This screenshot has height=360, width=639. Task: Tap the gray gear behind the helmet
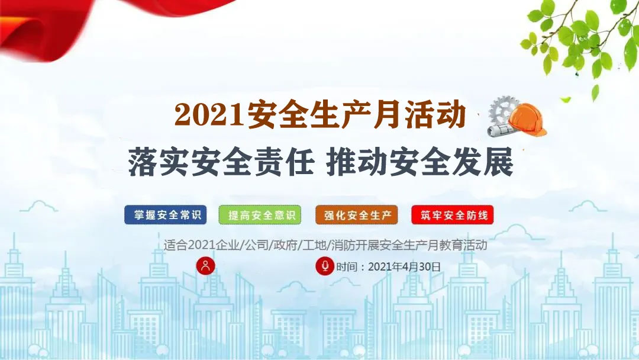click(x=502, y=110)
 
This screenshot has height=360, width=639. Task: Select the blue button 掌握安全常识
click(x=166, y=215)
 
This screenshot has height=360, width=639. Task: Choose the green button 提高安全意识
click(x=260, y=215)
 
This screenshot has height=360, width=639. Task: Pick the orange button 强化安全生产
click(x=357, y=215)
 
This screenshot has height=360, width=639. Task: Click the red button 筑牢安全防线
click(x=453, y=215)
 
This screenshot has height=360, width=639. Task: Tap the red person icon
click(x=205, y=266)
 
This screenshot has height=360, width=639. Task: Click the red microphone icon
click(x=325, y=266)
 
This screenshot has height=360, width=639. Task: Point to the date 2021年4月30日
click(x=404, y=267)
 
